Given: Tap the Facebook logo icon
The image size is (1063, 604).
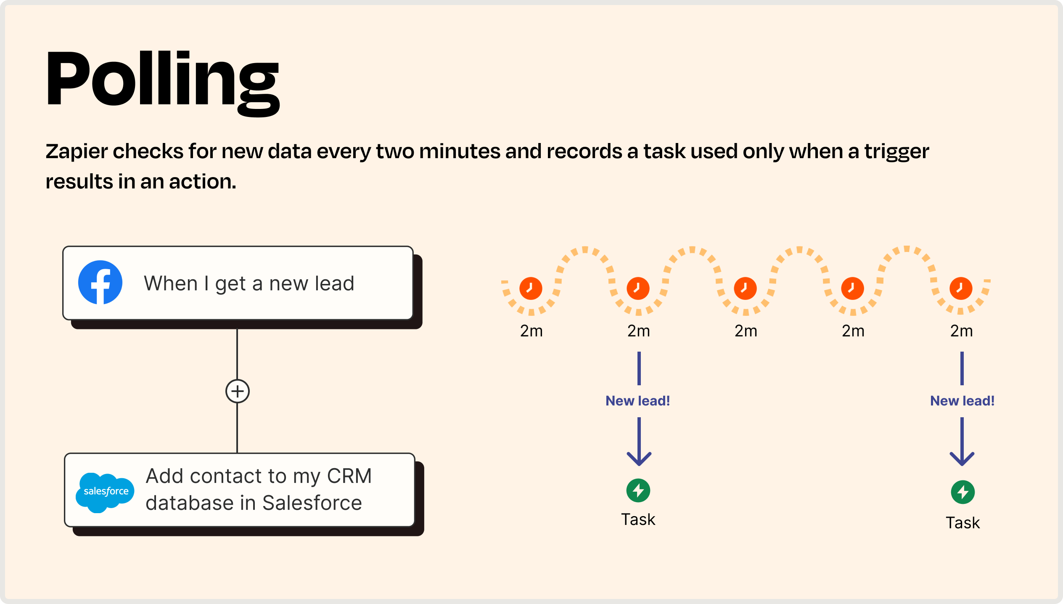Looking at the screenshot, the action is [100, 282].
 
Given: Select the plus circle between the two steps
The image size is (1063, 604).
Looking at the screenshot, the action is [238, 391].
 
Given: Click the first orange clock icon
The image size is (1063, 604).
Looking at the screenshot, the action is [531, 288].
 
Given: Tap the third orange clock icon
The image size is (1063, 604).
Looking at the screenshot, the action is [745, 288].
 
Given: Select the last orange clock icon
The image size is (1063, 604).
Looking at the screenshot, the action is [961, 288].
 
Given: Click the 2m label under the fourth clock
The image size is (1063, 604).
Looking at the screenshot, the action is [853, 331].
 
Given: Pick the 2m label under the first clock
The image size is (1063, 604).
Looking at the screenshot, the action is [531, 331].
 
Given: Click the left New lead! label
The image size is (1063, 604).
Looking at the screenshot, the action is [638, 401].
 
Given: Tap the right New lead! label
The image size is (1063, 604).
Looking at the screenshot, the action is [963, 401].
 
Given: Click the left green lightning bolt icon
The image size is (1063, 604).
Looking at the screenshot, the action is [638, 490].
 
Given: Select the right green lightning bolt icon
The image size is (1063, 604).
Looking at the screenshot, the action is [963, 492].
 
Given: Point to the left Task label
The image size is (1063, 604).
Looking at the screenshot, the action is [638, 519].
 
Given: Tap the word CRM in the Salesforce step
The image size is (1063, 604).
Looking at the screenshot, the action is [349, 476].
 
